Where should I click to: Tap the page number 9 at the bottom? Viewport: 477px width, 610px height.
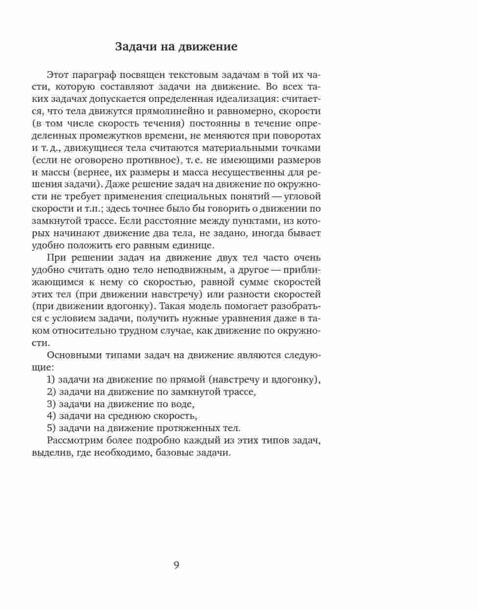(176, 565)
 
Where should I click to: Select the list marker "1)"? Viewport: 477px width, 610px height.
(51, 380)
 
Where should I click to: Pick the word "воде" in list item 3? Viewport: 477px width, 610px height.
(183, 404)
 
